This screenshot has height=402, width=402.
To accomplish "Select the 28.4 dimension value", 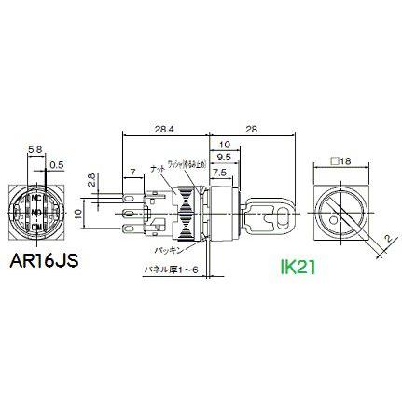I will click(x=164, y=127).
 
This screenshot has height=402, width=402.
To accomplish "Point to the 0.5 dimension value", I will click(x=59, y=165).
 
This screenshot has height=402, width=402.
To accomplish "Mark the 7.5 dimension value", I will click(x=220, y=173).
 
